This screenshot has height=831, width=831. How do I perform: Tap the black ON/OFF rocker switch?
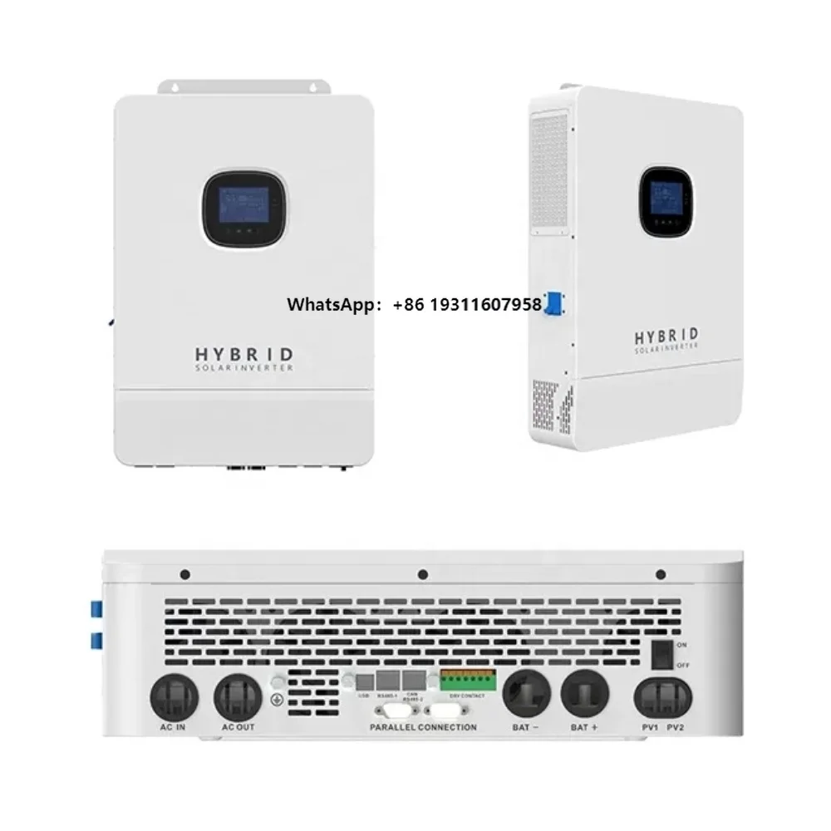pyautogui.click(x=661, y=655)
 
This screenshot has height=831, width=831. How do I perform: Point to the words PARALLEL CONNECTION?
pyautogui.click(x=424, y=727)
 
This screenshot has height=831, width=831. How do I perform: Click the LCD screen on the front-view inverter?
pyautogui.click(x=238, y=205)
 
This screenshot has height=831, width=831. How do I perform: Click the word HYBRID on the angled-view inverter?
pyautogui.click(x=666, y=336)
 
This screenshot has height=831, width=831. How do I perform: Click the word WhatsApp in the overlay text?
pyautogui.click(x=329, y=305)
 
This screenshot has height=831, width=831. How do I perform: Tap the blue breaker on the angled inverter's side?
pyautogui.click(x=550, y=304)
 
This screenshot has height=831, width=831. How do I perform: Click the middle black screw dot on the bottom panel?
pyautogui.click(x=422, y=574)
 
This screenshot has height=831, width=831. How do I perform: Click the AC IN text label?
pyautogui.click(x=175, y=726)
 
